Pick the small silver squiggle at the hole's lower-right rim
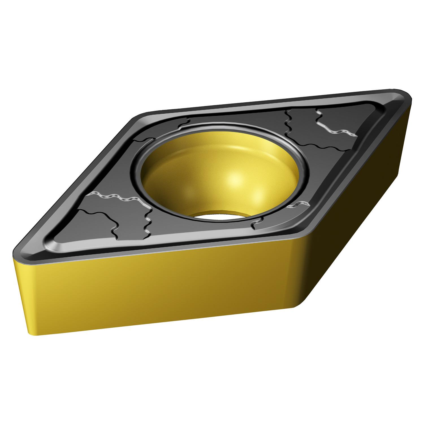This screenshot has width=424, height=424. click(297, 204)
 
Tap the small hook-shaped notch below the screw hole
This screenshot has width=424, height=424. click(256, 225)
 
